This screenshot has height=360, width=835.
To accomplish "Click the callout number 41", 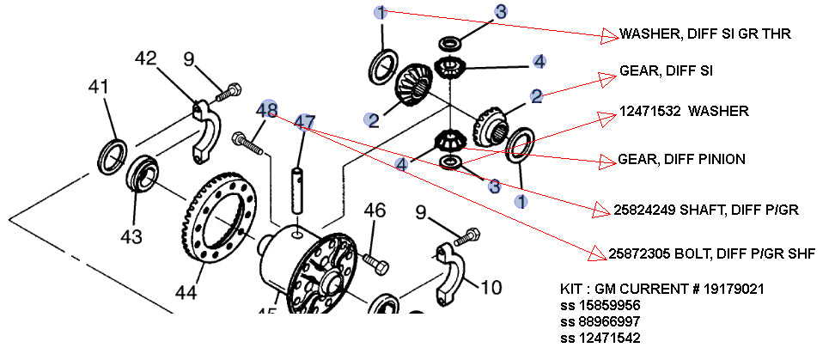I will click(x=100, y=88).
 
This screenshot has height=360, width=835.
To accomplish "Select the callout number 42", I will click(x=147, y=59).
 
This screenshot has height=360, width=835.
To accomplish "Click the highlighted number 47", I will click(x=303, y=123).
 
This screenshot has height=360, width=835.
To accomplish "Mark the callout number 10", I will click(x=491, y=288).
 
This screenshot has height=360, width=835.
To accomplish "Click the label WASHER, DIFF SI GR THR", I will click(x=704, y=34).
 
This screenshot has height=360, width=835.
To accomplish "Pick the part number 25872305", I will click(x=637, y=253).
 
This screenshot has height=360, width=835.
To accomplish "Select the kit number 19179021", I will click(x=735, y=290).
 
